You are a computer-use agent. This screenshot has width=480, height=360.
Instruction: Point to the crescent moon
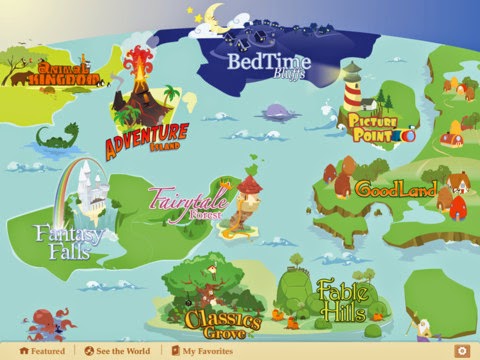[213, 15]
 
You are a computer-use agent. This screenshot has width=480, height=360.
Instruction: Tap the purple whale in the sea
[276, 113]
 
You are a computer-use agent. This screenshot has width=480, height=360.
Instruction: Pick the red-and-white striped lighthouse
[352, 88]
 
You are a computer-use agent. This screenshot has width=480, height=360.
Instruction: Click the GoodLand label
[396, 188]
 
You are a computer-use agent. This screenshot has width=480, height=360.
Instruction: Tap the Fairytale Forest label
[188, 201]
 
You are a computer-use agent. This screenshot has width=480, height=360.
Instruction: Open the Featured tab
[42, 352]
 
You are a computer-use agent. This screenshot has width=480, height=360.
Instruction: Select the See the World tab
[118, 352]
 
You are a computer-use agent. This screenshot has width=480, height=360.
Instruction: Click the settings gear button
[461, 351]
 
